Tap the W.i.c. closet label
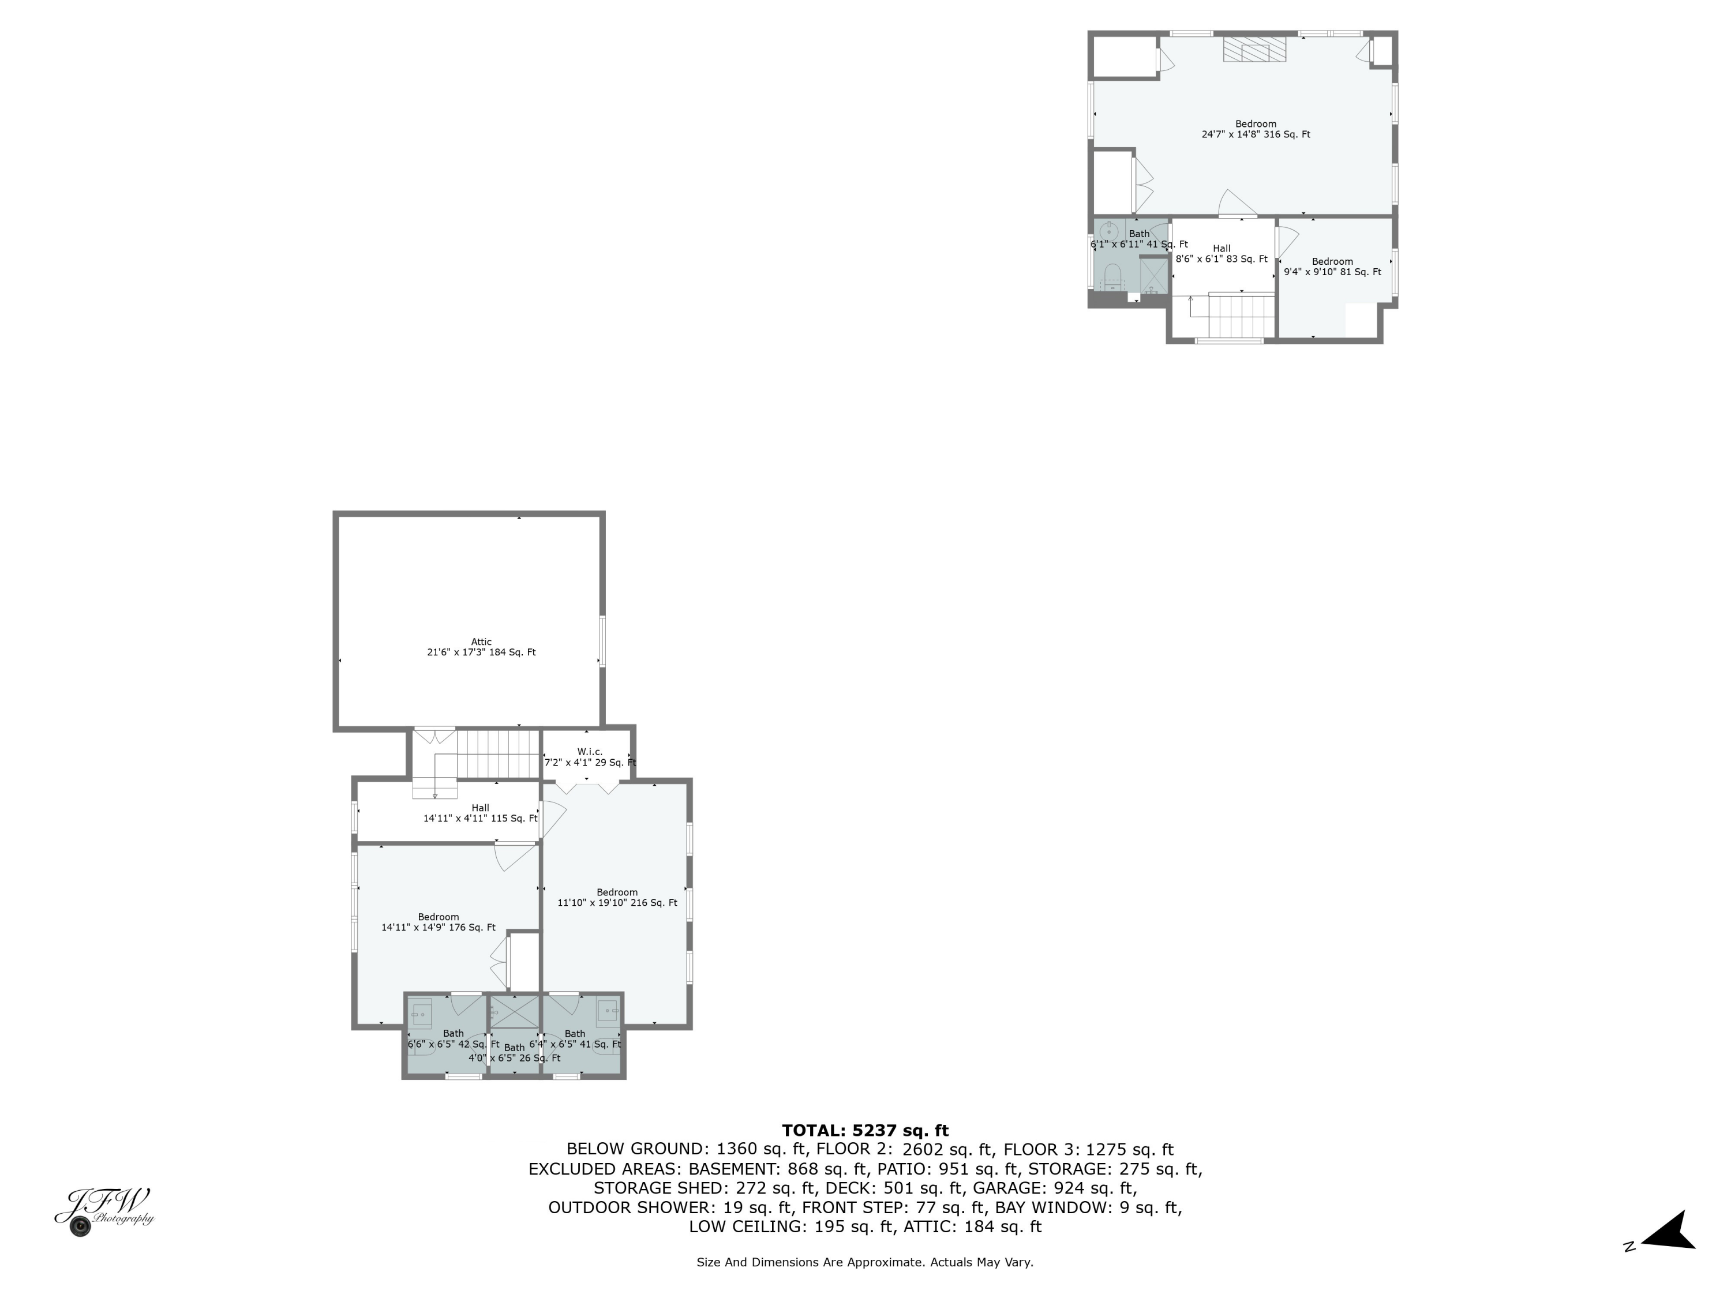589,756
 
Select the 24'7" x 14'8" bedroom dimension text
1255,134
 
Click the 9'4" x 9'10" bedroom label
1332,267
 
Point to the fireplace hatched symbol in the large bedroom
1255,49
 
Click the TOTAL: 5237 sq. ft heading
865,1130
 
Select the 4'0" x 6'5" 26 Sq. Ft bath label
514,1053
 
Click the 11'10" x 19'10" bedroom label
617,898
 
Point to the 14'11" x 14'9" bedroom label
438,922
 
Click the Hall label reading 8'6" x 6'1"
1221,253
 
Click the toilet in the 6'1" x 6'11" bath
1112,275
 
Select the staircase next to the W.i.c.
498,753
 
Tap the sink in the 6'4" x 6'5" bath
607,1012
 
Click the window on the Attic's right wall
602,641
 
